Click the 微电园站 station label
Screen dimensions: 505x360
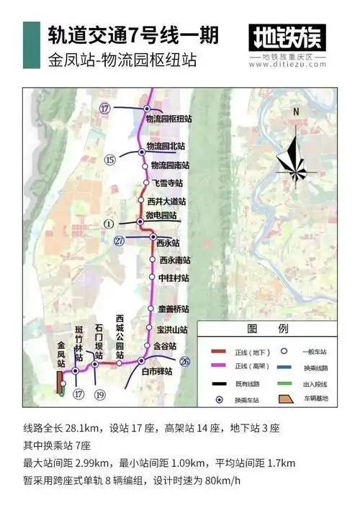pos(162,215)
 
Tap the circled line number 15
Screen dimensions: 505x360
pos(110,159)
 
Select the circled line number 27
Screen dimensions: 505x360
pos(120,242)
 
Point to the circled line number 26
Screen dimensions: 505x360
pos(186,361)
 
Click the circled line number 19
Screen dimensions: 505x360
pos(100,393)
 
